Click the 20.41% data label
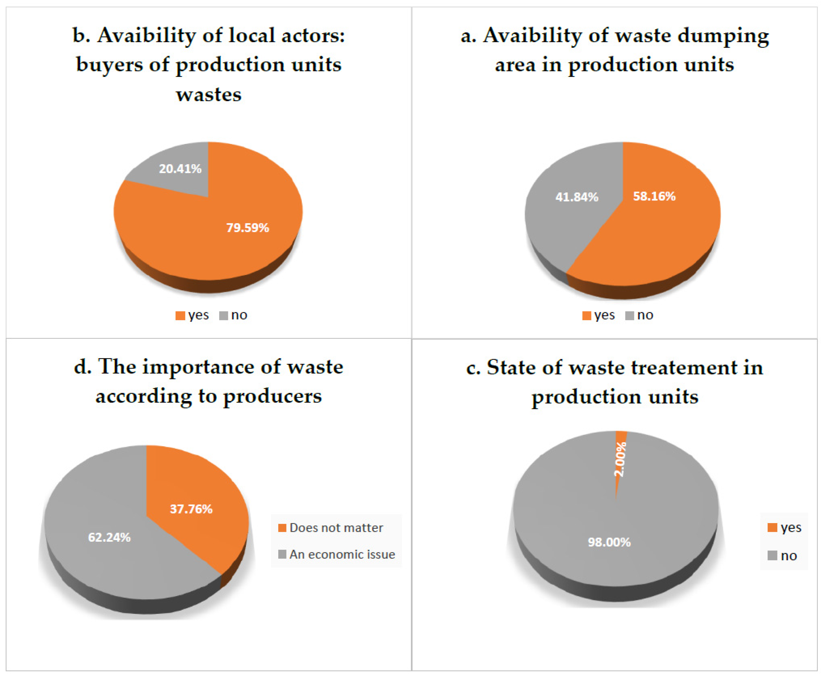coord(180,169)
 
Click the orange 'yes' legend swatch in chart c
coord(772,527)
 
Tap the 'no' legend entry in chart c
coord(788,556)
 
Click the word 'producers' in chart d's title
coord(272,397)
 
